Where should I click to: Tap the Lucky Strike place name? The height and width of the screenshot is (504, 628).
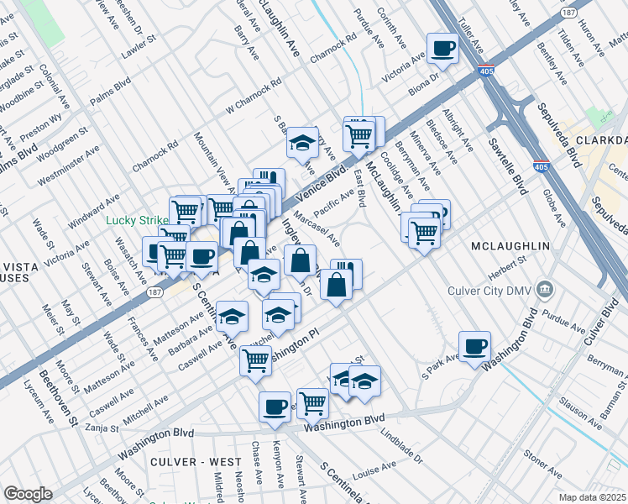pyautogui.click(x=138, y=221)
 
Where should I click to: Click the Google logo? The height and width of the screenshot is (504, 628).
pyautogui.click(x=28, y=494)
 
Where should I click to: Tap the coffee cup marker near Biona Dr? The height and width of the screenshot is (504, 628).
pyautogui.click(x=442, y=50)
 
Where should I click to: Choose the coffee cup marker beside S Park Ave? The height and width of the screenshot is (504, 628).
pyautogui.click(x=474, y=346)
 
